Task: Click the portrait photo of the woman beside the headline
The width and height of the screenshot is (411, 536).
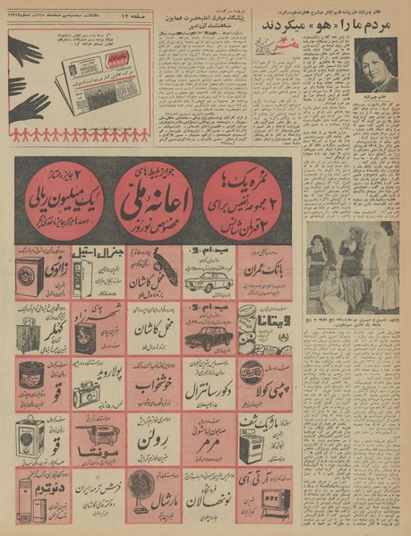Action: (375, 64)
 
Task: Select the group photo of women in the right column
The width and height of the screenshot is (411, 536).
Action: (352, 267)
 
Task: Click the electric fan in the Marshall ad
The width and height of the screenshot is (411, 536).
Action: (142, 491)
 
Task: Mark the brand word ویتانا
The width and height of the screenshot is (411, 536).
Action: (272, 321)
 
